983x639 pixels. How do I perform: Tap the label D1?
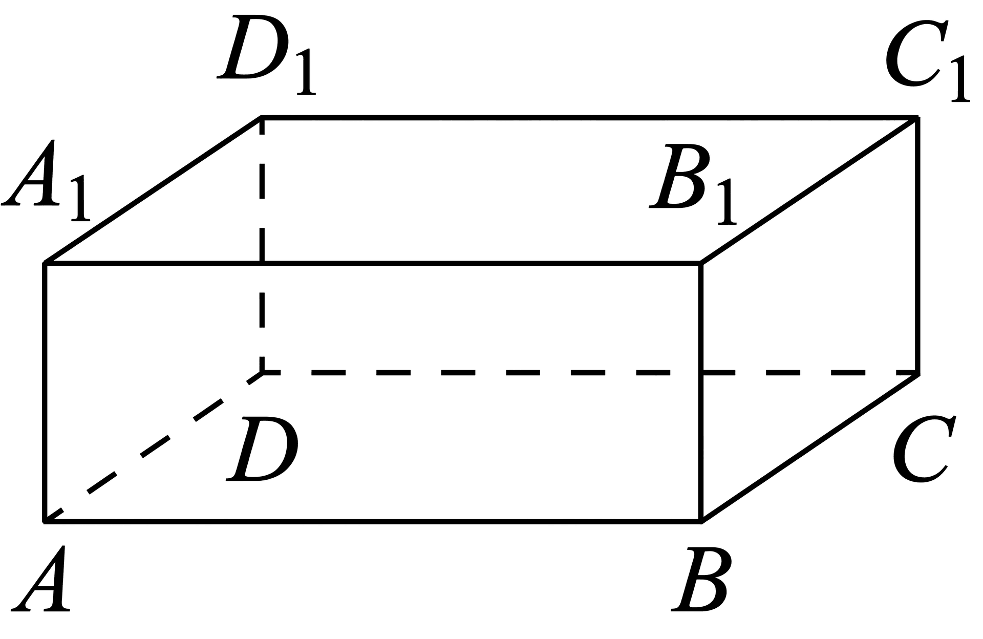(266, 55)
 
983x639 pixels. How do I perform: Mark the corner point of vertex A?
(45, 522)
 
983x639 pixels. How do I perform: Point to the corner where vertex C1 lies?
(917, 118)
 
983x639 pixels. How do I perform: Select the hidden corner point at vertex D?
(262, 373)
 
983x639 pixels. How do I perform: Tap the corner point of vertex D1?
(262, 118)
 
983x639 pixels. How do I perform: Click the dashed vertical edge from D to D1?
(262, 245)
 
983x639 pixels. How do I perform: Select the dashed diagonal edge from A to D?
(154, 447)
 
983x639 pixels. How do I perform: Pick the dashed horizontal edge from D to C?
(590, 373)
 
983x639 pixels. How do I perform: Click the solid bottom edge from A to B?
(373, 522)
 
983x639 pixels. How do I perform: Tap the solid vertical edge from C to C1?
(917, 245)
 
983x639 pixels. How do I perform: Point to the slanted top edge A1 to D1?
(154, 190)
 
